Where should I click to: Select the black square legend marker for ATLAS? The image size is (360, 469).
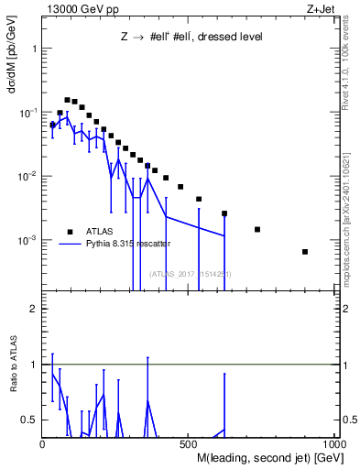(69, 231)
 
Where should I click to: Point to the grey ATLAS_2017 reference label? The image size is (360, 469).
(191, 274)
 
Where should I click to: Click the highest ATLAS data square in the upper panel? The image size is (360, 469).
(67, 100)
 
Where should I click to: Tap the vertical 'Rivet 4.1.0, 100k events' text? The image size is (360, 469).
(351, 64)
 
